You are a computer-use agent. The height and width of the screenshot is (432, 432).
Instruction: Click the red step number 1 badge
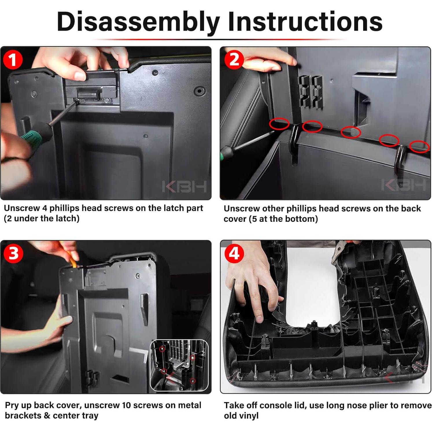tap(13, 60)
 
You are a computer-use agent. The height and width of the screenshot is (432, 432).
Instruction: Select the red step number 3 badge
tap(13, 254)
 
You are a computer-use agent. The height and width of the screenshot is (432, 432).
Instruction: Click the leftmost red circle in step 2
tap(279, 124)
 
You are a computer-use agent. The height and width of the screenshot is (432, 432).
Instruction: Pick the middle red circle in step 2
tap(351, 132)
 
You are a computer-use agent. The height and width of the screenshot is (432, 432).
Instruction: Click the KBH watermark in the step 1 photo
tap(184, 187)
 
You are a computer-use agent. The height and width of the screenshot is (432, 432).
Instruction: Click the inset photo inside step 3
tap(179, 365)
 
